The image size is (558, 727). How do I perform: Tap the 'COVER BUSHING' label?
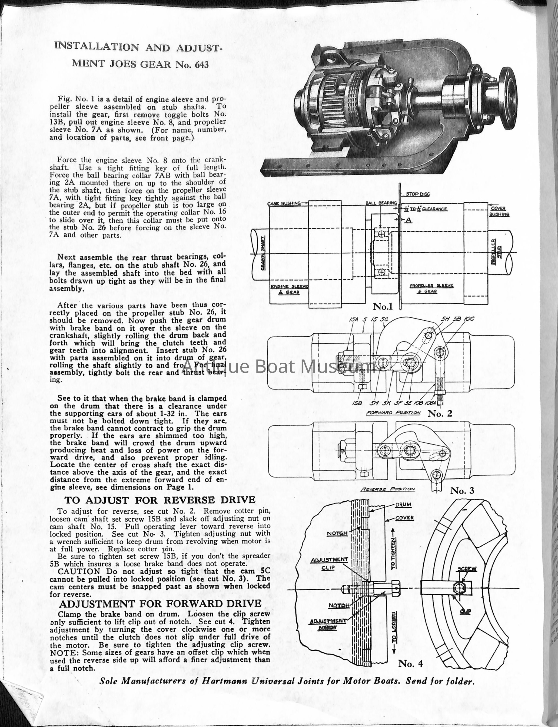point(499,211)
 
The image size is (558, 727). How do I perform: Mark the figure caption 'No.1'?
point(383,306)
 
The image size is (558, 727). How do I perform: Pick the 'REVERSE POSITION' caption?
point(388,489)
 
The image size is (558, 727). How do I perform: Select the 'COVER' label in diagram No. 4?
point(405,518)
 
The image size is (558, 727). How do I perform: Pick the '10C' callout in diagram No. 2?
point(469,319)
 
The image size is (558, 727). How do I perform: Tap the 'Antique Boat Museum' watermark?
point(279,366)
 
